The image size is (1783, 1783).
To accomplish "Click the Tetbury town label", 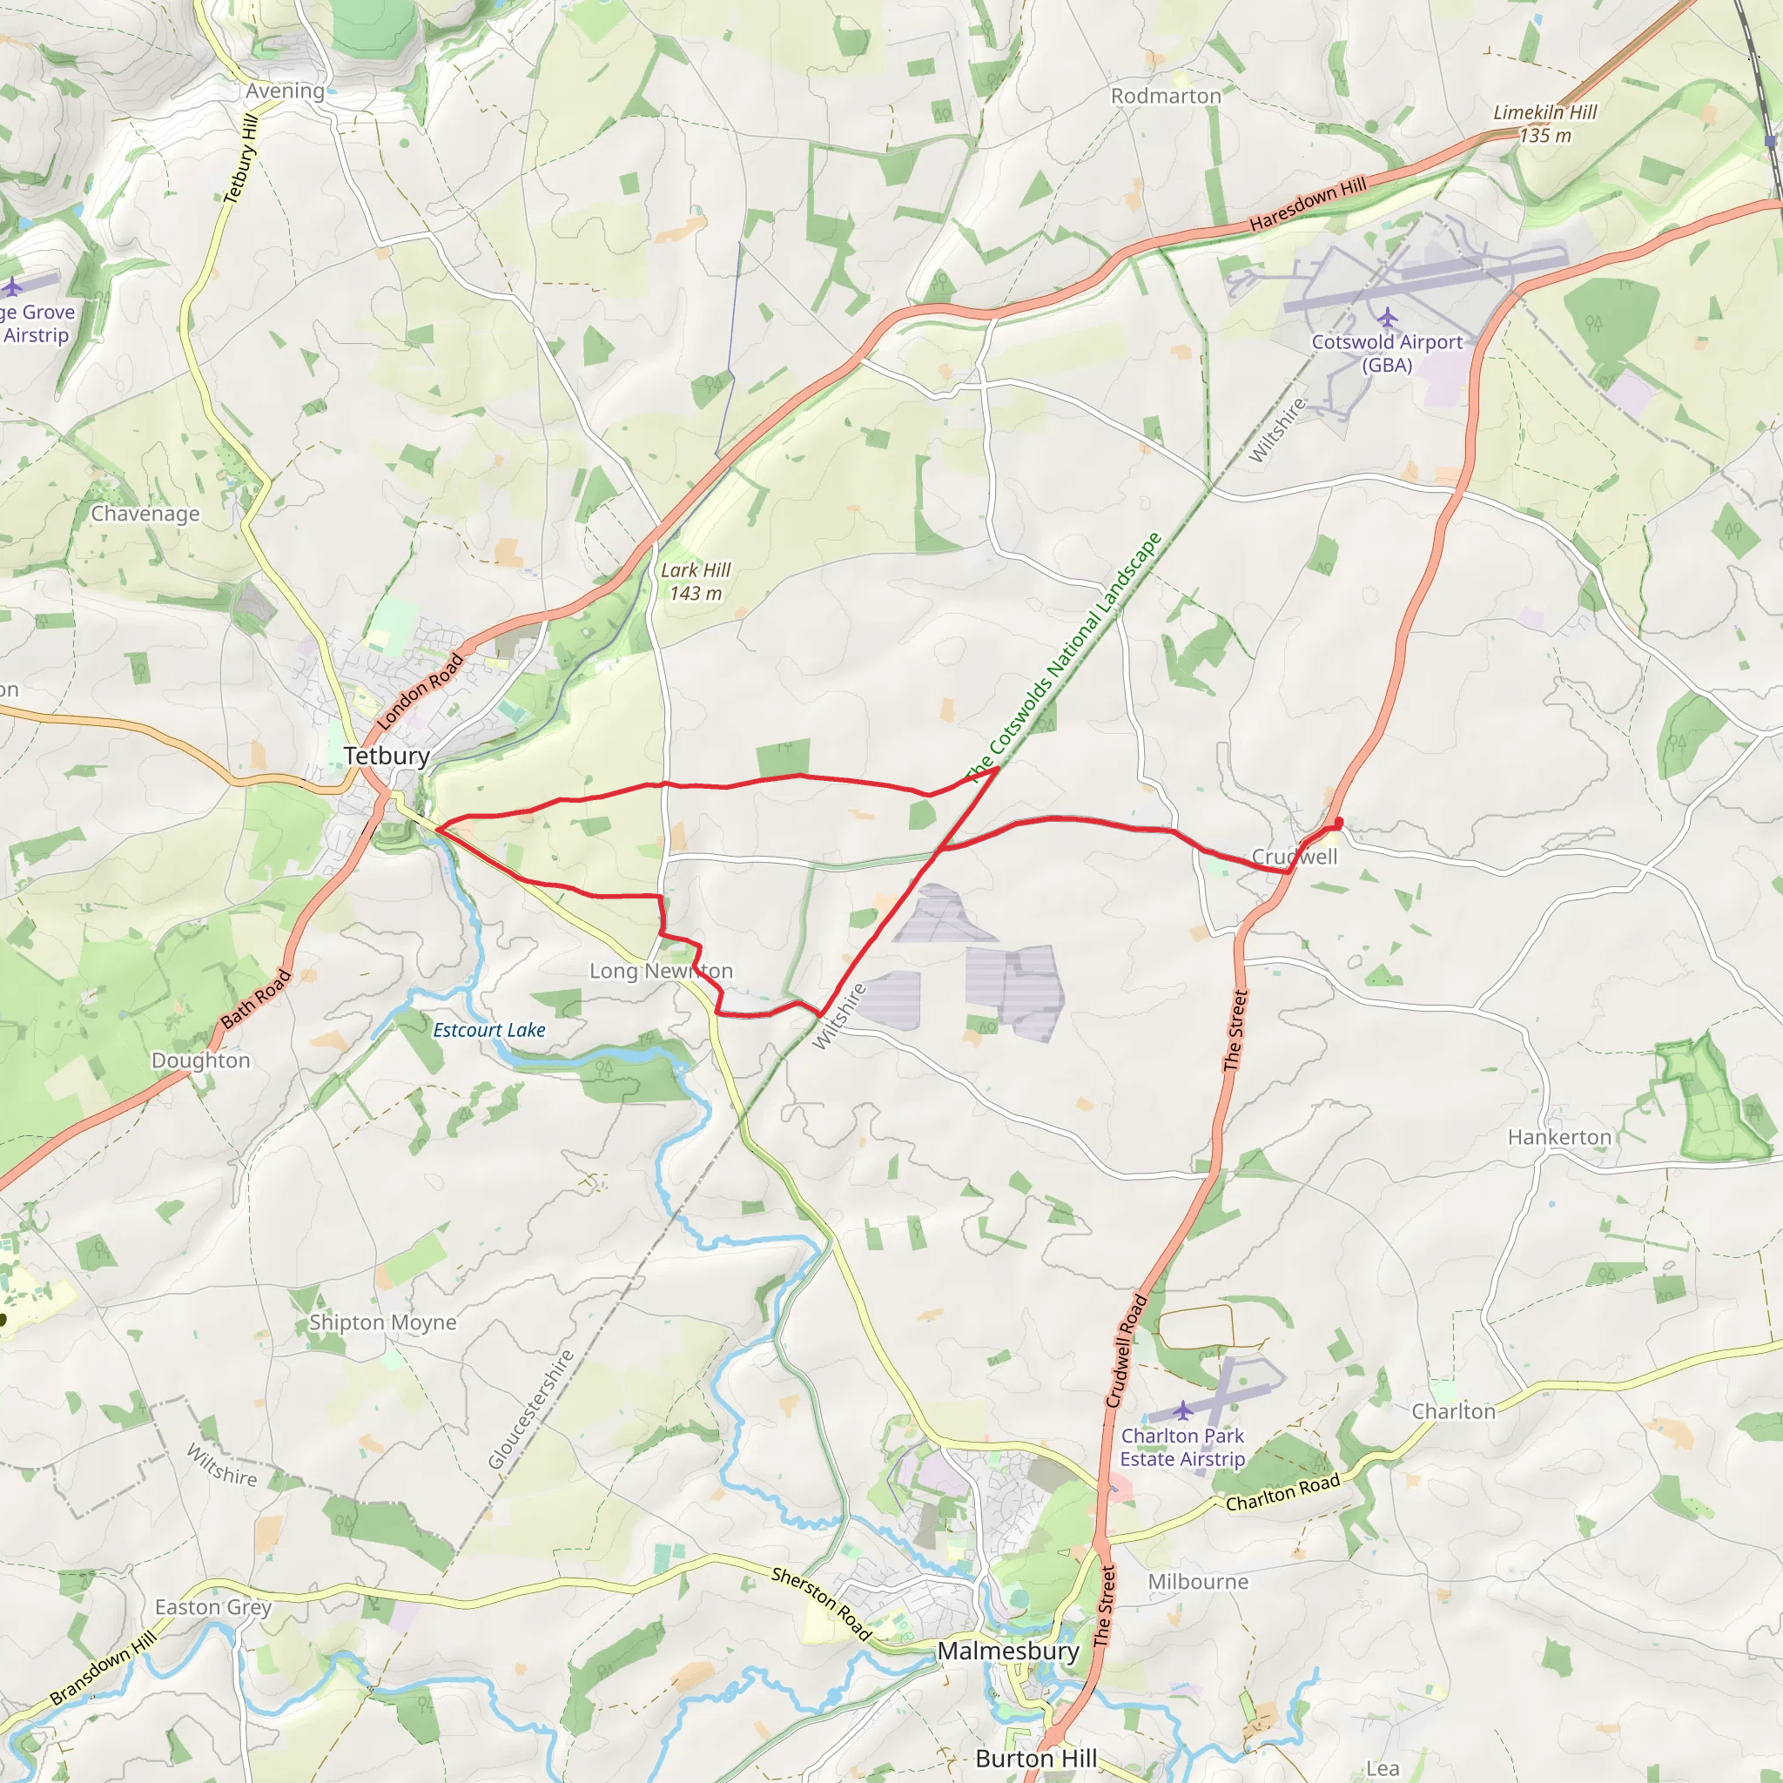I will pyautogui.click(x=387, y=756).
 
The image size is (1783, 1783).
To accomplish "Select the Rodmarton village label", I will pyautogui.click(x=1166, y=96).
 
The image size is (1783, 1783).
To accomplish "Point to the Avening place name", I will pyautogui.click(x=286, y=91).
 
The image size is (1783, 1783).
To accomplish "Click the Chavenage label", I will pyautogui.click(x=145, y=513).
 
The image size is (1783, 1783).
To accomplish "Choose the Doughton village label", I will pyautogui.click(x=201, y=1060).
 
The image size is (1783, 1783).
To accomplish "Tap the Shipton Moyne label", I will pyautogui.click(x=382, y=1322).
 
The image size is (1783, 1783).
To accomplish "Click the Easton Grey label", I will pyautogui.click(x=213, y=1607).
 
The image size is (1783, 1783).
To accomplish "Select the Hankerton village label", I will pyautogui.click(x=1558, y=1137).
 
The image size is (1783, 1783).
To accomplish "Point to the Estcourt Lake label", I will pyautogui.click(x=489, y=1030).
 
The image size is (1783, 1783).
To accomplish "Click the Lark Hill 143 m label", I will pyautogui.click(x=696, y=582).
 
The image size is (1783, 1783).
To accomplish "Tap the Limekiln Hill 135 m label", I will pyautogui.click(x=1545, y=124).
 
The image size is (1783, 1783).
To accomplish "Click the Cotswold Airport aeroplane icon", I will pyautogui.click(x=1387, y=319).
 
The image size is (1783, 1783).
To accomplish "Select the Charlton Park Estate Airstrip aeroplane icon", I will pyautogui.click(x=1182, y=1410).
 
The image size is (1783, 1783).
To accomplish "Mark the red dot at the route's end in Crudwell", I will pyautogui.click(x=1338, y=822).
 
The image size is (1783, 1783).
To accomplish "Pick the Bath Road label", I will pyautogui.click(x=256, y=999).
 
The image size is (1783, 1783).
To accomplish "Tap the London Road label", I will pyautogui.click(x=420, y=691).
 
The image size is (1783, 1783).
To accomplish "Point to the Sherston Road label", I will pyautogui.click(x=821, y=1604).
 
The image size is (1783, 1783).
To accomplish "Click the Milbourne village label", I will pyautogui.click(x=1198, y=1581).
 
